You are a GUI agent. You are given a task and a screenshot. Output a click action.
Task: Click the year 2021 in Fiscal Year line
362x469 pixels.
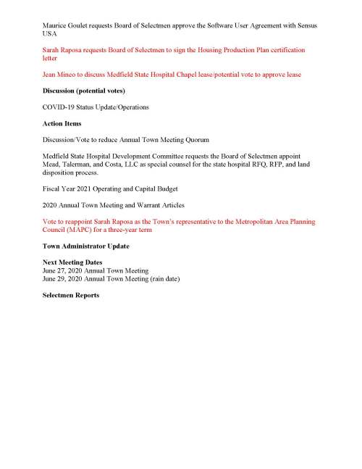pyautogui.click(x=85, y=188)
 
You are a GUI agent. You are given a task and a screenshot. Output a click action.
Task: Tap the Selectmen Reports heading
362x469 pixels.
pyautogui.click(x=71, y=295)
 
